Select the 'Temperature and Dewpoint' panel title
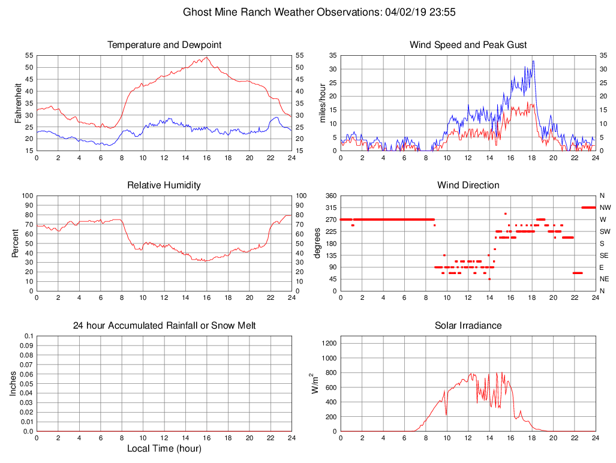click(x=164, y=45)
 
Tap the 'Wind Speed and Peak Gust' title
click(x=468, y=45)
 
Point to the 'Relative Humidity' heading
click(x=164, y=185)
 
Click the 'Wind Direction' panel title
click(x=468, y=185)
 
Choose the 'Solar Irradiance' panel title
click(x=468, y=326)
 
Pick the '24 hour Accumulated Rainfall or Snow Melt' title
click(x=164, y=326)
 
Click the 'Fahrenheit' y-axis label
click(x=19, y=103)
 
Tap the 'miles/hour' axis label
click(x=323, y=103)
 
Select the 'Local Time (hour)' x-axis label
click(x=164, y=449)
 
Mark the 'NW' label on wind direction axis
click(x=604, y=208)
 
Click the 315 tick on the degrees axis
click(x=330, y=208)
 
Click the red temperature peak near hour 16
click(x=206, y=58)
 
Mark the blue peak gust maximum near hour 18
click(x=533, y=61)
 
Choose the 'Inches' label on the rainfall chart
click(x=13, y=383)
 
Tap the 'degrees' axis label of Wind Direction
click(x=317, y=243)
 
